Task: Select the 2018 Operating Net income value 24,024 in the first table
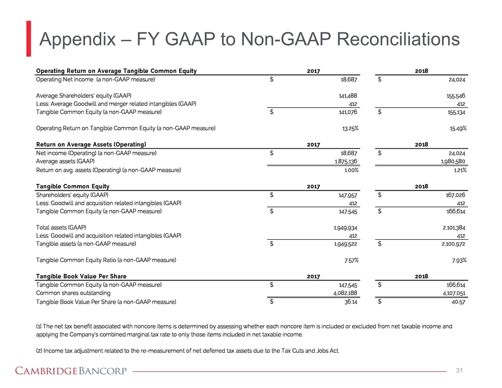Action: pyautogui.click(x=454, y=80)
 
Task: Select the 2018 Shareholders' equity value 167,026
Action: pyautogui.click(x=454, y=195)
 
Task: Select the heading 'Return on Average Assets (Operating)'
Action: pyautogui.click(x=91, y=144)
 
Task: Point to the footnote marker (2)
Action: pyautogui.click(x=39, y=351)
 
